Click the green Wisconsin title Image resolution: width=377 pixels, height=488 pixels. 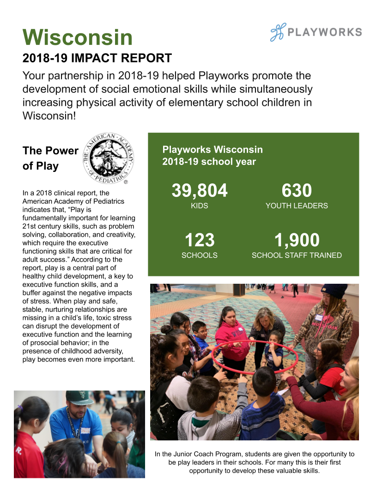pyautogui.click(x=78, y=37)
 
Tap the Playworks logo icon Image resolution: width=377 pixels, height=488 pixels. pyautogui.click(x=278, y=32)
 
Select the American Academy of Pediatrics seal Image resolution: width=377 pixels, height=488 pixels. pyautogui.click(x=109, y=157)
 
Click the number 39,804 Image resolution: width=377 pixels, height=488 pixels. pyautogui.click(x=200, y=190)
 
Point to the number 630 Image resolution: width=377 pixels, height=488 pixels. pyautogui.click(x=297, y=190)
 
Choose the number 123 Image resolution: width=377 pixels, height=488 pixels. pyautogui.click(x=200, y=240)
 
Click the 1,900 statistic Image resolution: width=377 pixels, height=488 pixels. pyautogui.click(x=297, y=240)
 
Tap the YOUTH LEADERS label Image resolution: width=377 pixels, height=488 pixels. pyautogui.click(x=297, y=206)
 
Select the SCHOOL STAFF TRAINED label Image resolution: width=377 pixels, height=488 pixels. pyautogui.click(x=297, y=255)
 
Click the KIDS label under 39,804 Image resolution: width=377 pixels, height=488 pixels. pyautogui.click(x=200, y=206)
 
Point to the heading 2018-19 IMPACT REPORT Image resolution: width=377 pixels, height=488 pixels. pyautogui.click(x=97, y=58)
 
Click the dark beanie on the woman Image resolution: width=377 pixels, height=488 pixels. pyautogui.click(x=334, y=291)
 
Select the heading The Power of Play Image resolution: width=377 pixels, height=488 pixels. pyautogui.click(x=50, y=158)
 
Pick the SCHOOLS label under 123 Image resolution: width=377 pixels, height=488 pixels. pyautogui.click(x=200, y=255)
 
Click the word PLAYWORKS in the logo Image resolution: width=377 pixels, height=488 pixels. pyautogui.click(x=325, y=32)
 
